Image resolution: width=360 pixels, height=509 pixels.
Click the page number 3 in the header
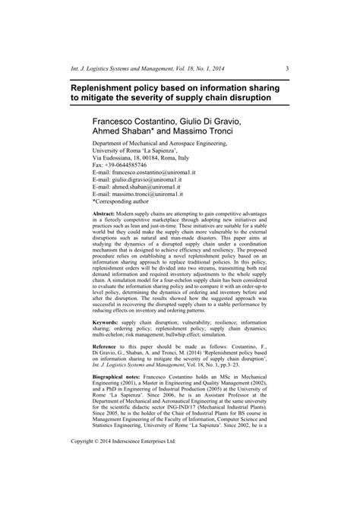(x=286, y=47)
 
